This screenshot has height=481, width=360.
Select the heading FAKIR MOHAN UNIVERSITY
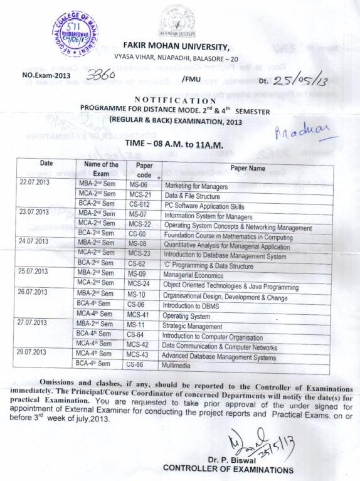click(176, 46)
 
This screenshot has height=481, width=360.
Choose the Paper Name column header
click(247, 168)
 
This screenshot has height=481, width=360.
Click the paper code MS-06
click(137, 186)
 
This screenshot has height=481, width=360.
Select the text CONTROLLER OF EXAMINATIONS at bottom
click(228, 468)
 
